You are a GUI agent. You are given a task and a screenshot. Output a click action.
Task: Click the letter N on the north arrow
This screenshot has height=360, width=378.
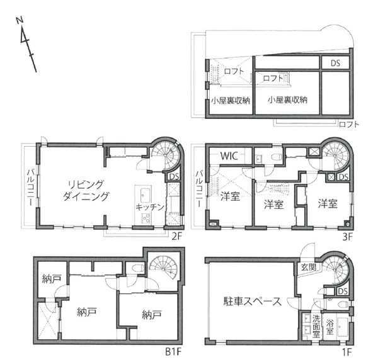(20, 20)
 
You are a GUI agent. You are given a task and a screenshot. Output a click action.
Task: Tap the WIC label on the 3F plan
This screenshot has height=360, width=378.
(229, 156)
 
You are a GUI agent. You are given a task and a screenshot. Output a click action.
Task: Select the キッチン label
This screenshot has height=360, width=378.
(150, 207)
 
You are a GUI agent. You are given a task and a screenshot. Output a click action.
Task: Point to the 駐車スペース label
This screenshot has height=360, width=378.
(252, 301)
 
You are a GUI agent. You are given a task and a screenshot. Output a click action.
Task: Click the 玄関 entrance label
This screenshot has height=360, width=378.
(309, 267)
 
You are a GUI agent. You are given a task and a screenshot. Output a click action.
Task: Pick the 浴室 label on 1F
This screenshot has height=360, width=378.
(329, 327)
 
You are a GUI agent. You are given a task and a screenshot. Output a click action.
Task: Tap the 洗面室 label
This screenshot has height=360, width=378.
(316, 327)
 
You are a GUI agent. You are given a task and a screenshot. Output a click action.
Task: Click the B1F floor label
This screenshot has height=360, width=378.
(173, 352)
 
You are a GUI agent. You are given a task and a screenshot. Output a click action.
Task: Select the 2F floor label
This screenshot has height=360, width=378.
(176, 237)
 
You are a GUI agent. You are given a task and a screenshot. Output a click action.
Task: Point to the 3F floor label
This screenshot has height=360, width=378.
(348, 237)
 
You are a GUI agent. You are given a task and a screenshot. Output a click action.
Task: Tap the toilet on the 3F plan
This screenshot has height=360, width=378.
(277, 157)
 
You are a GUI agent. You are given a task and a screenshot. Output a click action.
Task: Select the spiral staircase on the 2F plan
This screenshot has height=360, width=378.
(166, 156)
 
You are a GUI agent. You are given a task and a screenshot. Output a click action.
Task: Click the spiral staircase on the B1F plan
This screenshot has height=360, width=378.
(163, 267)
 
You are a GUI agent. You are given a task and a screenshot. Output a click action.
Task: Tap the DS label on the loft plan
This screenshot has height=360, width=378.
(335, 64)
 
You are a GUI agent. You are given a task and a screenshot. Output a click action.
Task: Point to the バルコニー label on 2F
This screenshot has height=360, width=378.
(30, 188)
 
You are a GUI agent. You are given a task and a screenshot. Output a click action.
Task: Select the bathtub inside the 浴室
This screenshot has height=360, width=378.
(342, 327)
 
